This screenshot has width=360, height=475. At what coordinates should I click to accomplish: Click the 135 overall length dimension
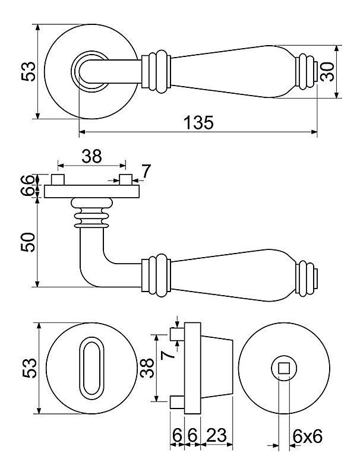pos(198,123)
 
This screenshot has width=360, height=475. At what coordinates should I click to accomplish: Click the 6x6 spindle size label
pos(307,436)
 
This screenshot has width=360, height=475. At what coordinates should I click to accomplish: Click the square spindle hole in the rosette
pos(283,368)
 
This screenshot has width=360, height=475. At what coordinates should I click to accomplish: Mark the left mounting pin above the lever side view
pos(58,179)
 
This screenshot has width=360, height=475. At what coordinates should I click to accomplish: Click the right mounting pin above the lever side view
pos(125,179)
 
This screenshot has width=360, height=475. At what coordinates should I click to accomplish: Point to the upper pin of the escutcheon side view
pos(176,335)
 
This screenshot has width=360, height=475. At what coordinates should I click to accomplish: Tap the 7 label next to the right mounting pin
pos(146,172)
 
